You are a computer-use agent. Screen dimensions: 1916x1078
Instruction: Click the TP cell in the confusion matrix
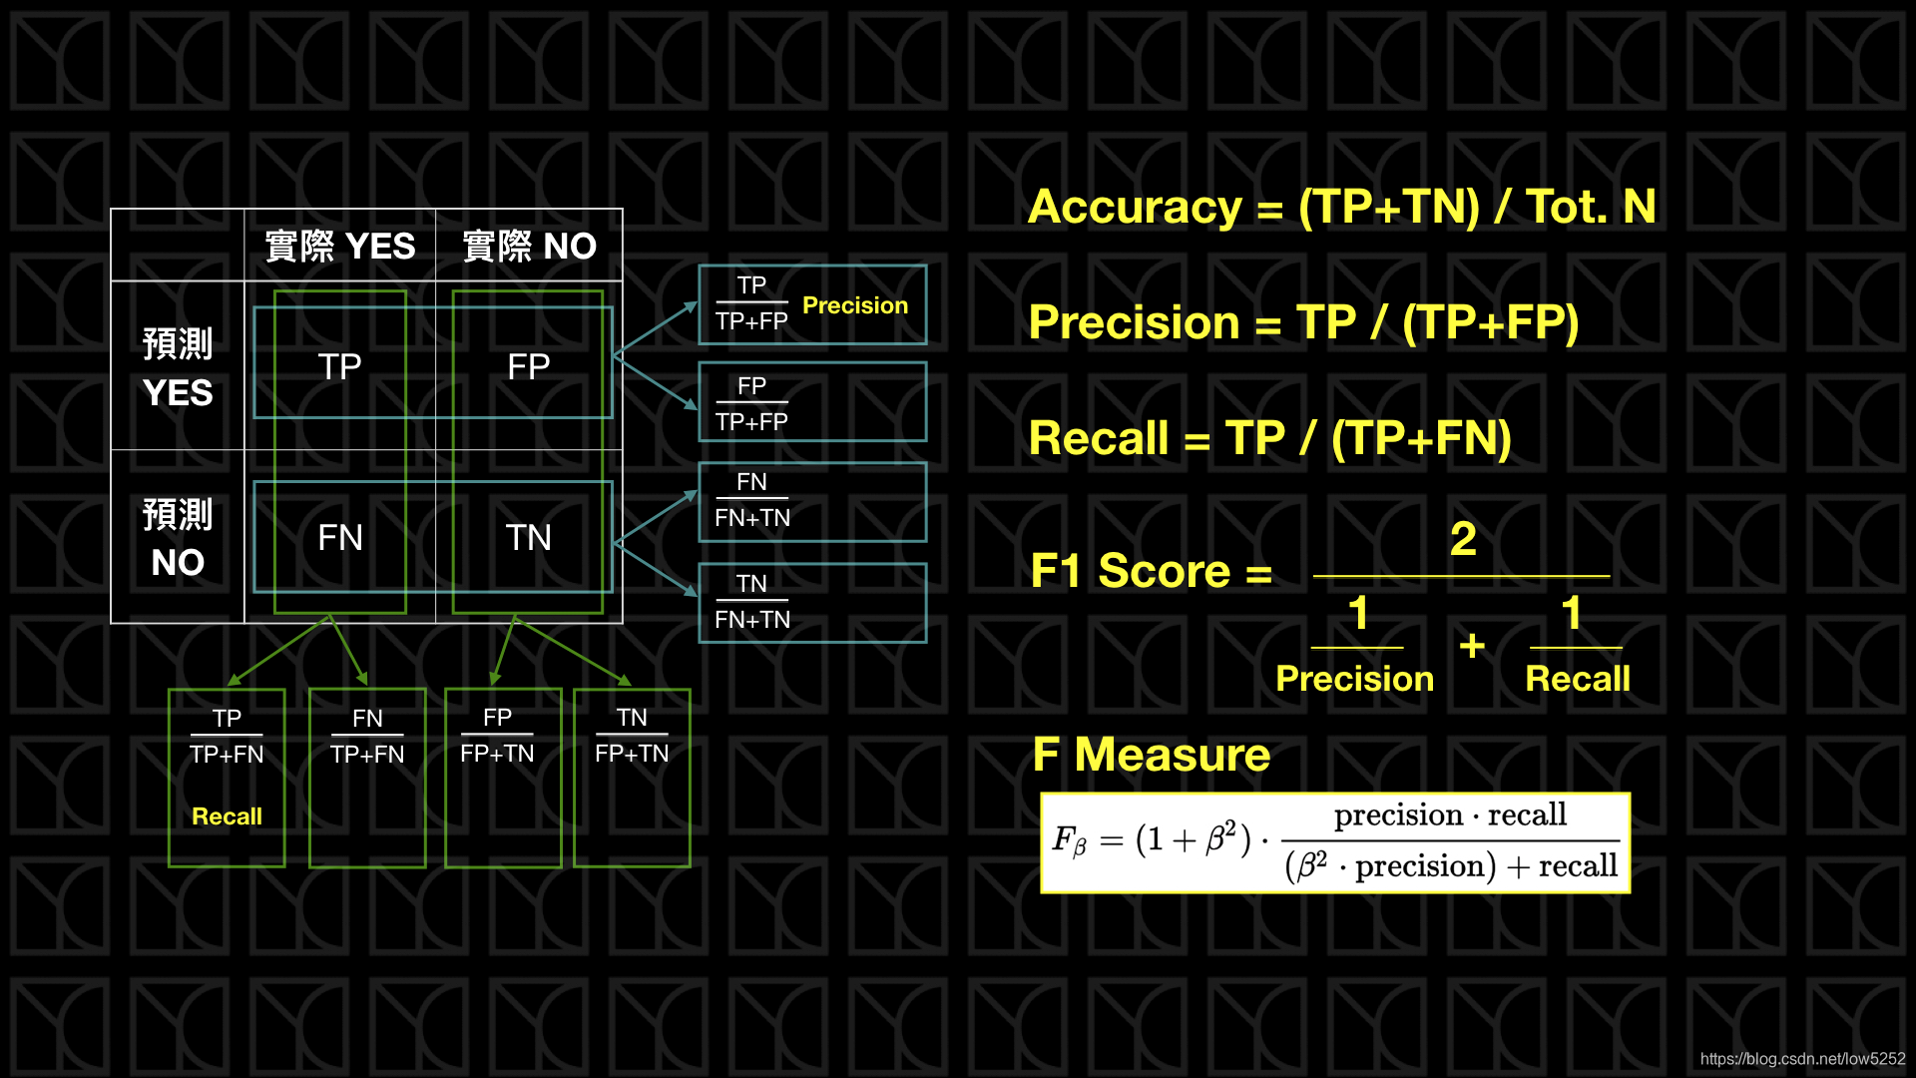click(339, 366)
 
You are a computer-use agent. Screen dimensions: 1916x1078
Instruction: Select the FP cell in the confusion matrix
click(528, 366)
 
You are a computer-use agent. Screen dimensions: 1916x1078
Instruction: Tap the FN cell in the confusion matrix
click(339, 537)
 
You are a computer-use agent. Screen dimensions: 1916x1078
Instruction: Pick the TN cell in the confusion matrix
click(528, 537)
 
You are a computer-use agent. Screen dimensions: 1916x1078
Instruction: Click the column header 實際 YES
click(339, 246)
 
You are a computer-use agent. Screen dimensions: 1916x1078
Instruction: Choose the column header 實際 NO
click(529, 246)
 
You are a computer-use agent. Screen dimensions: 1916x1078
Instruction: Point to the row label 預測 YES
click(178, 367)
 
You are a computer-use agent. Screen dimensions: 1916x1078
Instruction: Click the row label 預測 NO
click(178, 538)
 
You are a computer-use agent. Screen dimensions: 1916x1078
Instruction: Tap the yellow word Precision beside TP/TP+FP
click(855, 305)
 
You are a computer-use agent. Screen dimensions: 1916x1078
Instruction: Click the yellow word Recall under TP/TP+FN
click(227, 816)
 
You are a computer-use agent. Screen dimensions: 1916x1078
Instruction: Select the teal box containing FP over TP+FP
click(812, 401)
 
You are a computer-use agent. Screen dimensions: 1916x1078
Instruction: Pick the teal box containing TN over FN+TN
click(812, 603)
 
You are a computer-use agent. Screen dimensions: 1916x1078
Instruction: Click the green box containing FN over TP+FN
click(367, 778)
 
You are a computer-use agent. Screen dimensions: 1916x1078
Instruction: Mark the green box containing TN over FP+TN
click(632, 778)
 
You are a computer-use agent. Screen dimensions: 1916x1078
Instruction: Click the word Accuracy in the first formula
click(1135, 208)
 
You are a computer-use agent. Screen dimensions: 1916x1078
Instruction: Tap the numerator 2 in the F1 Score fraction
click(1463, 539)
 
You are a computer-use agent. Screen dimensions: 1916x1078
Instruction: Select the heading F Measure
click(1152, 754)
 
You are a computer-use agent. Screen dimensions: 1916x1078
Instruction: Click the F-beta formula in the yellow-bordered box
click(1335, 842)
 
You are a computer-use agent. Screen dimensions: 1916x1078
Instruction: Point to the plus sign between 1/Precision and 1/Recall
click(1472, 646)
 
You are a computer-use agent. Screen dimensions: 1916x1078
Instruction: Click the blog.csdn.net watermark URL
click(1803, 1059)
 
